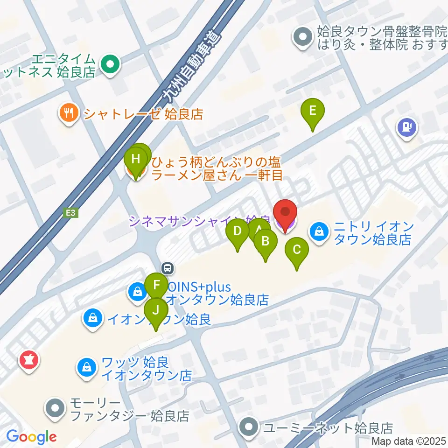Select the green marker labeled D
pyautogui.click(x=238, y=231)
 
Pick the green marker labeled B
pyautogui.click(x=266, y=241)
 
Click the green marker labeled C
pyautogui.click(x=297, y=249)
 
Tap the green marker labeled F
pyautogui.click(x=157, y=285)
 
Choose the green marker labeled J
pyautogui.click(x=156, y=310)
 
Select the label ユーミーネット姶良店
pyautogui.click(x=327, y=427)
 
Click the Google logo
pyautogui.click(x=32, y=437)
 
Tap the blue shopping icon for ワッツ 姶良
pyautogui.click(x=87, y=367)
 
